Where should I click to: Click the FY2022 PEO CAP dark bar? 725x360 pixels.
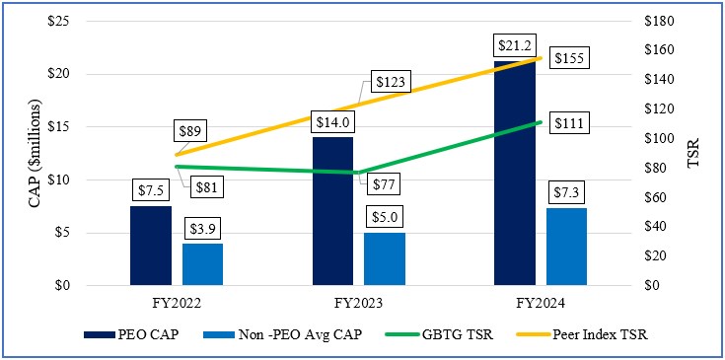150,246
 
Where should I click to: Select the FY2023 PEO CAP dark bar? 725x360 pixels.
332,211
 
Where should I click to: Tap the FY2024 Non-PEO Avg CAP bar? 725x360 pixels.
566,247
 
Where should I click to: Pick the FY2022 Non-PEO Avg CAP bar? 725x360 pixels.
203,264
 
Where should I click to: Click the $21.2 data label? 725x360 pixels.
514,45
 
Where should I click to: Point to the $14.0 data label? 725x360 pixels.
332,121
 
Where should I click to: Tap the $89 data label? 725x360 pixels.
191,129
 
